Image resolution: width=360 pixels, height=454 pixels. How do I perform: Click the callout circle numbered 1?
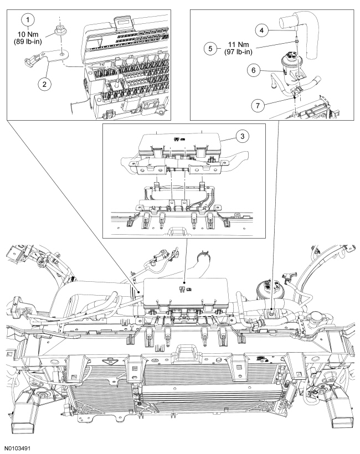pyautogui.click(x=27, y=19)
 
